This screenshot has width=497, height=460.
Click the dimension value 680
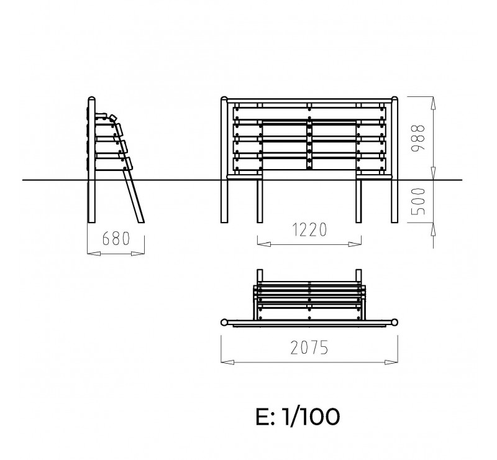pyautogui.click(x=116, y=239)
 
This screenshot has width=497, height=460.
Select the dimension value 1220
pyautogui.click(x=309, y=230)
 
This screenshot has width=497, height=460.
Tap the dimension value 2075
pyautogui.click(x=309, y=347)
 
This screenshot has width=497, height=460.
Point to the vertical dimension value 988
pyautogui.click(x=417, y=139)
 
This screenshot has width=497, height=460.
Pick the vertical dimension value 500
pyautogui.click(x=417, y=201)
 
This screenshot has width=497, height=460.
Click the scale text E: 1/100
pyautogui.click(x=298, y=416)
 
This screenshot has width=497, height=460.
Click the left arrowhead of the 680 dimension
pyautogui.click(x=94, y=254)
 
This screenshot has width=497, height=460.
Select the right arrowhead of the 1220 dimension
pyautogui.click(x=355, y=244)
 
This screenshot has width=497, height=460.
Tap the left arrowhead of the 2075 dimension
pyautogui.click(x=227, y=362)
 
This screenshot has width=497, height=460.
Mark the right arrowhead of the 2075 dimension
pyautogui.click(x=391, y=362)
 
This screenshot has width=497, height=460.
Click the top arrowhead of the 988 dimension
pyautogui.click(x=433, y=103)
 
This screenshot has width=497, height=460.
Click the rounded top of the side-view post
pyautogui.click(x=91, y=98)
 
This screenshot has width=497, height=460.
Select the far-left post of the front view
pyautogui.click(x=224, y=160)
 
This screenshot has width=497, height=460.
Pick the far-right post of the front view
pyautogui.click(x=394, y=160)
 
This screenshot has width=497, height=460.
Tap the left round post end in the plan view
pyautogui.click(x=224, y=323)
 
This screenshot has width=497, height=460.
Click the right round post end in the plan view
pyautogui.click(x=394, y=323)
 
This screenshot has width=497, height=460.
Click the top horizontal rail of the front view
pyautogui.click(x=309, y=101)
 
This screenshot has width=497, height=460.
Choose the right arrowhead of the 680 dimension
pyautogui.click(x=138, y=254)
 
